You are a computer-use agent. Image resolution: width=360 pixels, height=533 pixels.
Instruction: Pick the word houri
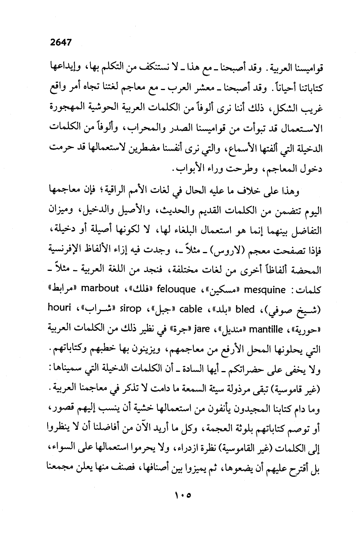click(59, 308)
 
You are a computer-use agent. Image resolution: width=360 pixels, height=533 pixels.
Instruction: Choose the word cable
click(191, 309)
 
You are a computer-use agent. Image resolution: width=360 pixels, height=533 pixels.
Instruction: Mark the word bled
click(245, 309)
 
